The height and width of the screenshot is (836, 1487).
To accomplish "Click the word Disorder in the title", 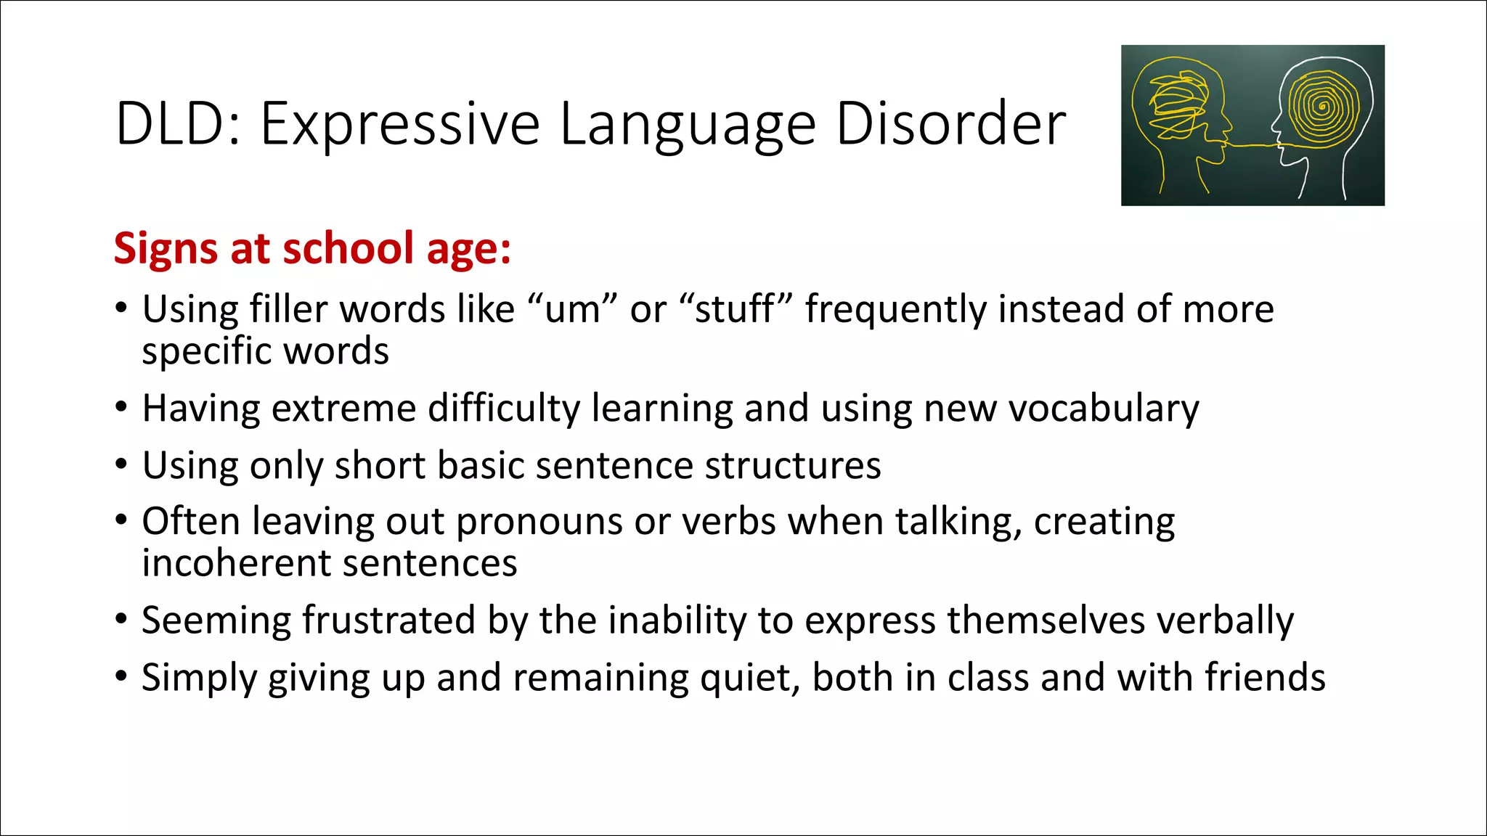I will (x=950, y=125).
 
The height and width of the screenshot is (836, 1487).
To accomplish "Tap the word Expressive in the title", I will (x=400, y=125).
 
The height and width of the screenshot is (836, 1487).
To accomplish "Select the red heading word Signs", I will (x=166, y=249).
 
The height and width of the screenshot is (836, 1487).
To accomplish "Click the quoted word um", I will (x=572, y=310).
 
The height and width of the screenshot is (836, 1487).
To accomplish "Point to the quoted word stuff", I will (x=735, y=310).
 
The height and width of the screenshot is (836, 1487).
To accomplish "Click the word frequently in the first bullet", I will (x=896, y=310).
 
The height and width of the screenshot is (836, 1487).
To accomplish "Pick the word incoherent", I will (x=235, y=564).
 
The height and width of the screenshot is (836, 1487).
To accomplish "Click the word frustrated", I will (x=388, y=621).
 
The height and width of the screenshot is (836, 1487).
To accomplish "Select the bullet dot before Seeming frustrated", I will (x=121, y=620).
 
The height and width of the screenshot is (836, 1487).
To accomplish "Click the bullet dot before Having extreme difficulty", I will (x=121, y=408).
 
